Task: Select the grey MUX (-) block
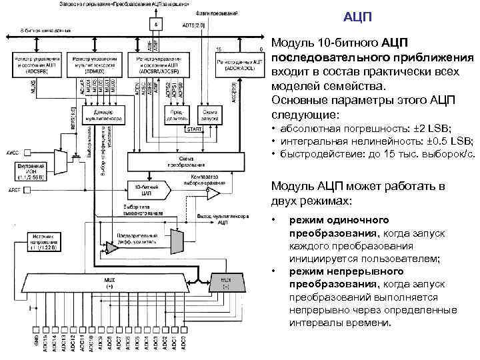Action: (x=225, y=283)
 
